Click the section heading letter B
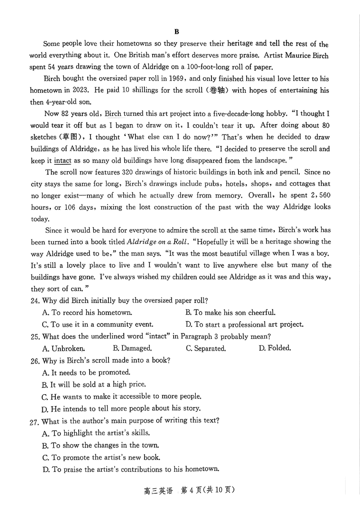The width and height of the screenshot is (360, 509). (176, 32)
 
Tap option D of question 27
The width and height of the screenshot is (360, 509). (130, 469)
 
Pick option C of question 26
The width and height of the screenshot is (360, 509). (121, 396)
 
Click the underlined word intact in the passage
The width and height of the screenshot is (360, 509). (63, 160)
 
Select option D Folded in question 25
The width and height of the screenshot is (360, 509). (275, 348)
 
